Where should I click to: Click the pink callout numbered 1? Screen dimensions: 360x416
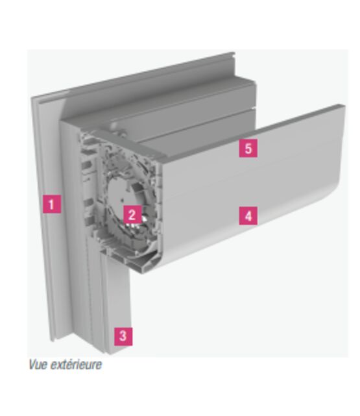tap(52, 204)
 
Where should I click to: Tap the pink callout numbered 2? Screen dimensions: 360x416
tap(132, 214)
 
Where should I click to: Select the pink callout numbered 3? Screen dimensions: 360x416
tap(123, 336)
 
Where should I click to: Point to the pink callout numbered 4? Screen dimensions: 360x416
tap(248, 216)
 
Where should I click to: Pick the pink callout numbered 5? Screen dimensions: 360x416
tap(248, 149)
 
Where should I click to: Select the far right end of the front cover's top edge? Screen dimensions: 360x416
tap(344, 106)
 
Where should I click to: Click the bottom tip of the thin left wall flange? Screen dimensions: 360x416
tap(53, 340)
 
